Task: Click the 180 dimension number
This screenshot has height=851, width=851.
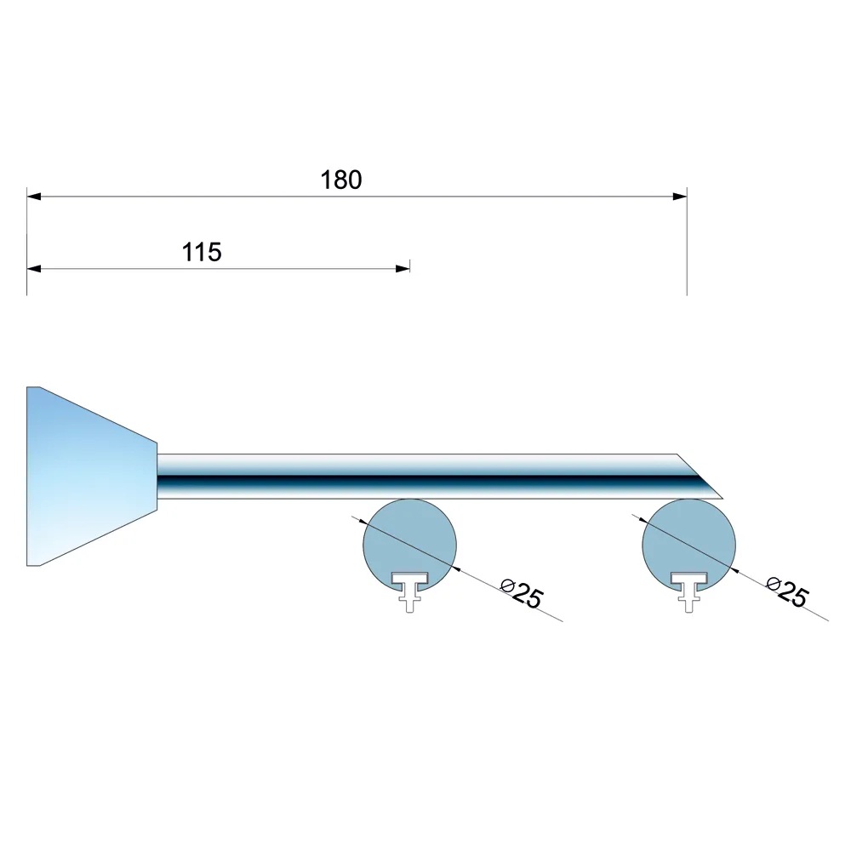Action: (341, 180)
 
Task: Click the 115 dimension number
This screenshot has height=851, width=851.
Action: (202, 253)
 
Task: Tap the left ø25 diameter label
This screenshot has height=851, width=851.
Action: (522, 594)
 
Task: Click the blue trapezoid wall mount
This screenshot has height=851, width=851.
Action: (92, 476)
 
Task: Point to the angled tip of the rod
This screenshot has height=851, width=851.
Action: (722, 498)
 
